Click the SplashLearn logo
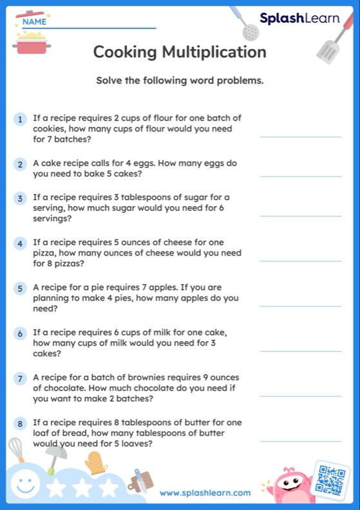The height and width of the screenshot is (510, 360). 299,19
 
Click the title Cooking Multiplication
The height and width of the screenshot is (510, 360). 180,52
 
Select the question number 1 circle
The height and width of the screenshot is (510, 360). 21,120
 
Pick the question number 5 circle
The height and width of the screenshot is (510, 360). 21,288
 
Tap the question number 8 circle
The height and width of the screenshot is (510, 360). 21,424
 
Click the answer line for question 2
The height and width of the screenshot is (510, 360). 300,176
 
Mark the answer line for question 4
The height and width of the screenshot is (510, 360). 300,260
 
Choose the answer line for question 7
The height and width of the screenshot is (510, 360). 300,395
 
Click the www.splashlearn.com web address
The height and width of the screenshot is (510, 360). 205,493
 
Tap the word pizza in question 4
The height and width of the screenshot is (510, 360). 44,253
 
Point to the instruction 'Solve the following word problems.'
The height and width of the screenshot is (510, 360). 180,81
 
